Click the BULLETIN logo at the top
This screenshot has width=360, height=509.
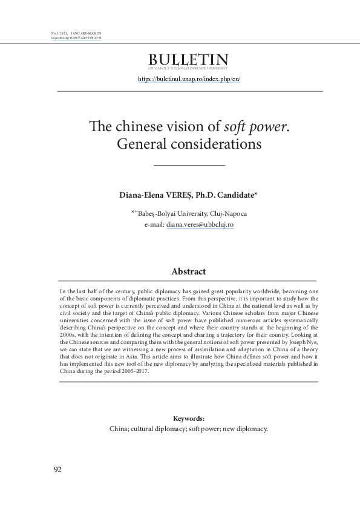[x=188, y=60]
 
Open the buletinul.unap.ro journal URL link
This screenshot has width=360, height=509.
[x=189, y=79]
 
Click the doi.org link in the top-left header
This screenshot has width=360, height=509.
[x=74, y=36]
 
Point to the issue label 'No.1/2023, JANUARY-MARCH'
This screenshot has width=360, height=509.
[x=73, y=31]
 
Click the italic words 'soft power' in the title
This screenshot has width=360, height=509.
[x=247, y=126]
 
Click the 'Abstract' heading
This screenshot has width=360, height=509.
[x=188, y=272]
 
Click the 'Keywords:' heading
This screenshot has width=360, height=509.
[x=188, y=418]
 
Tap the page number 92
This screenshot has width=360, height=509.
[x=58, y=470]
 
